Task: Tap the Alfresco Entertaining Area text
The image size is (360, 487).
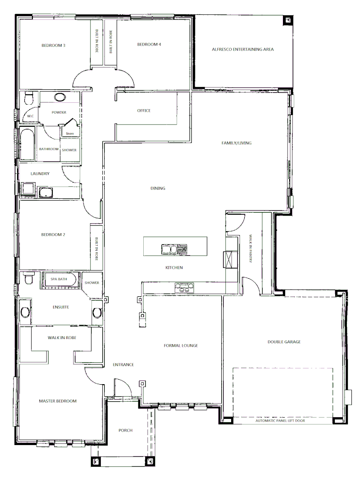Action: (x=243, y=49)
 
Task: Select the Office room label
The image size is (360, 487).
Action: (x=144, y=111)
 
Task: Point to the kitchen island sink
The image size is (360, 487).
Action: (x=169, y=248)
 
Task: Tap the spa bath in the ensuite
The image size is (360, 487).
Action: (x=61, y=280)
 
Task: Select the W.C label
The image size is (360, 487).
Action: (x=30, y=116)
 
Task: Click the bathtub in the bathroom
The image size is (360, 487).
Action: (x=27, y=144)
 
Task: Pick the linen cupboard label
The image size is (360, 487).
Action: (x=69, y=133)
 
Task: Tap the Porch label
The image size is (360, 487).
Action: (x=126, y=430)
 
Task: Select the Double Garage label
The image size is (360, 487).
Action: (x=284, y=342)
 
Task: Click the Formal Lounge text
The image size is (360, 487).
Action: (x=181, y=346)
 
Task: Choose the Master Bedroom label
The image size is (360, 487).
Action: (x=57, y=401)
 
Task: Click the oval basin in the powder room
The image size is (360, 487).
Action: (x=59, y=97)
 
